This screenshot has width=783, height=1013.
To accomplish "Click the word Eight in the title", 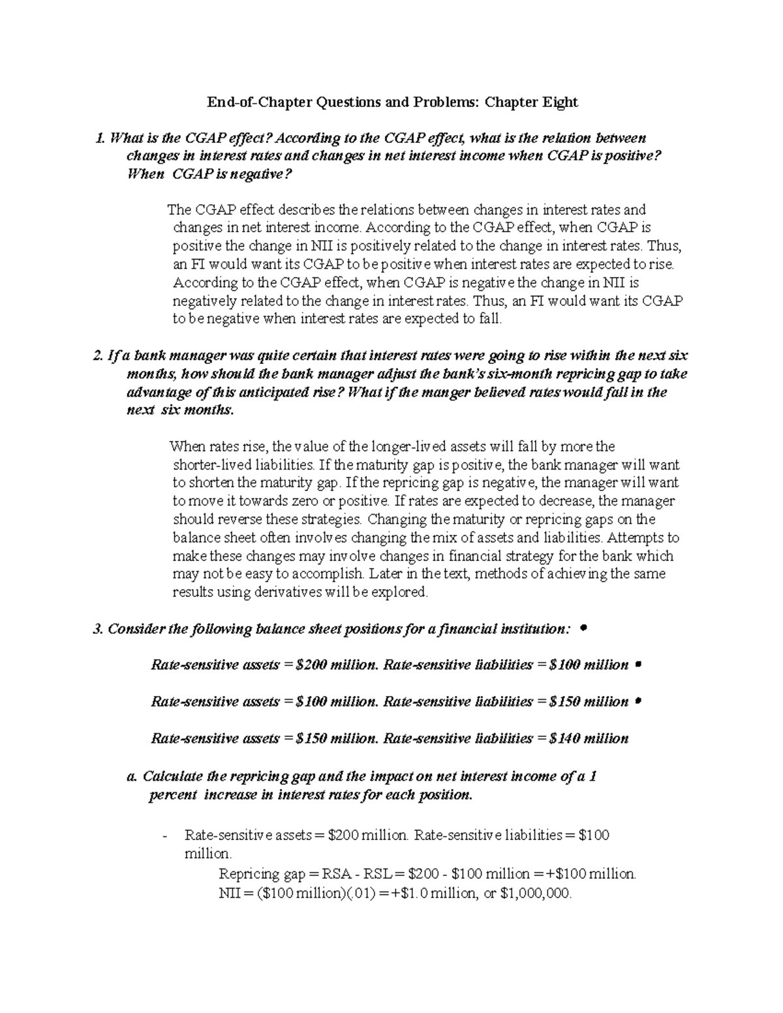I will pos(559,102).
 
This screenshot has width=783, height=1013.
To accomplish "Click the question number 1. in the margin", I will pos(99,138).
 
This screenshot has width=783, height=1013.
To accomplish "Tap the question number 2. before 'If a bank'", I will pos(99,356).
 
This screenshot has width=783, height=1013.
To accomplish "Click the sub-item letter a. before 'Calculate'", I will pos(132,777).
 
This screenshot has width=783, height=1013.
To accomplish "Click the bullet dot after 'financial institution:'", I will pos(583,627).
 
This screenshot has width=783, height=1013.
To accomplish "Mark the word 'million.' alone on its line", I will pos(207,854).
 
